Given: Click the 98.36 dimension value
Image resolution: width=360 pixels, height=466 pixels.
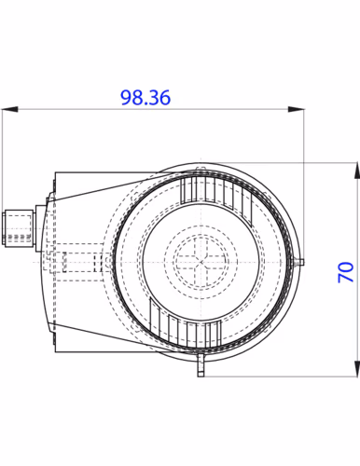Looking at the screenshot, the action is tap(145, 98).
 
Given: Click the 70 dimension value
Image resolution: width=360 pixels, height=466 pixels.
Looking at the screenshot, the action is tap(346, 272).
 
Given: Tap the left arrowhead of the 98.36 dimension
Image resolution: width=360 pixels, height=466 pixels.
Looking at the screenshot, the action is tap(9, 109).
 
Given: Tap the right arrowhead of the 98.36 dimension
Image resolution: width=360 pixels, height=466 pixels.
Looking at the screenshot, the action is tap(296, 109).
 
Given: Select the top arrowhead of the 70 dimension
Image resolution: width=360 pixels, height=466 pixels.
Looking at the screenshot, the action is tap(357, 171).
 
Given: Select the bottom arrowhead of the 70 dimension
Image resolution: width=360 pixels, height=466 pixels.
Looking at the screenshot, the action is tap(357, 369).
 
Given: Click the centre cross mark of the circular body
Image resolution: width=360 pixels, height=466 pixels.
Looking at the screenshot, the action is tap(201, 262).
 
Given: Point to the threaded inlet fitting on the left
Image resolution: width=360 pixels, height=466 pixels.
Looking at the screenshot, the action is tap(18, 228).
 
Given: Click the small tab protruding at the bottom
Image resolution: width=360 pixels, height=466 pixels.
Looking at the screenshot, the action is tap(201, 365).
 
